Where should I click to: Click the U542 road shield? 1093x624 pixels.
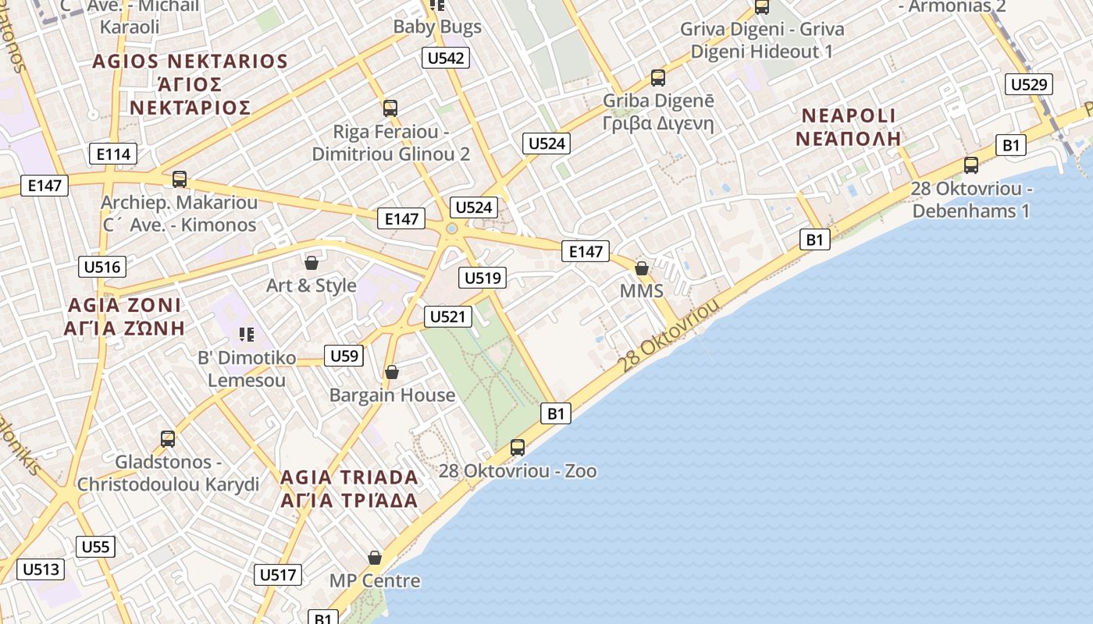point(447,58)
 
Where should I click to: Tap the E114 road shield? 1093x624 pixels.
point(113,154)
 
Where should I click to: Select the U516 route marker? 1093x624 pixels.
point(102,267)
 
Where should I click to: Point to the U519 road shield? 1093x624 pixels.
point(484,278)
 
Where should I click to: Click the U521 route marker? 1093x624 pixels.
point(448,316)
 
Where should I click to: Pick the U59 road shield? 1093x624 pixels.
point(344,356)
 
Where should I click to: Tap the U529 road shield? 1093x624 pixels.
point(1029,84)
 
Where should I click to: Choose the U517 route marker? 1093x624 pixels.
point(278,575)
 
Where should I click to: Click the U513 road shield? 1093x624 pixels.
point(41,569)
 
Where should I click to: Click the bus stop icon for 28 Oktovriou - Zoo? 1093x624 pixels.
point(518,448)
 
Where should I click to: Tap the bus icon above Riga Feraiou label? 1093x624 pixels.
point(390,108)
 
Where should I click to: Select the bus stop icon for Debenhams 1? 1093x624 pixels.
point(971,165)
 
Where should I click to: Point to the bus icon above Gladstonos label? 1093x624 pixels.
point(168,439)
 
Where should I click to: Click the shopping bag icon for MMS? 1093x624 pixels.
point(642,268)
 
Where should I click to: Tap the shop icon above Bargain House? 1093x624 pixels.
point(392,372)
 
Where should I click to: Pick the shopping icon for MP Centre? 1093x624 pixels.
point(375,558)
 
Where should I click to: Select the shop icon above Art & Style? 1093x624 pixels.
point(312,262)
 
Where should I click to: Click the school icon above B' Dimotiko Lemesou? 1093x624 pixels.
point(247,335)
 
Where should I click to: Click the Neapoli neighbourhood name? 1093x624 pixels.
point(849,127)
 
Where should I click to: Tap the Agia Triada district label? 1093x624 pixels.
point(349,488)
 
